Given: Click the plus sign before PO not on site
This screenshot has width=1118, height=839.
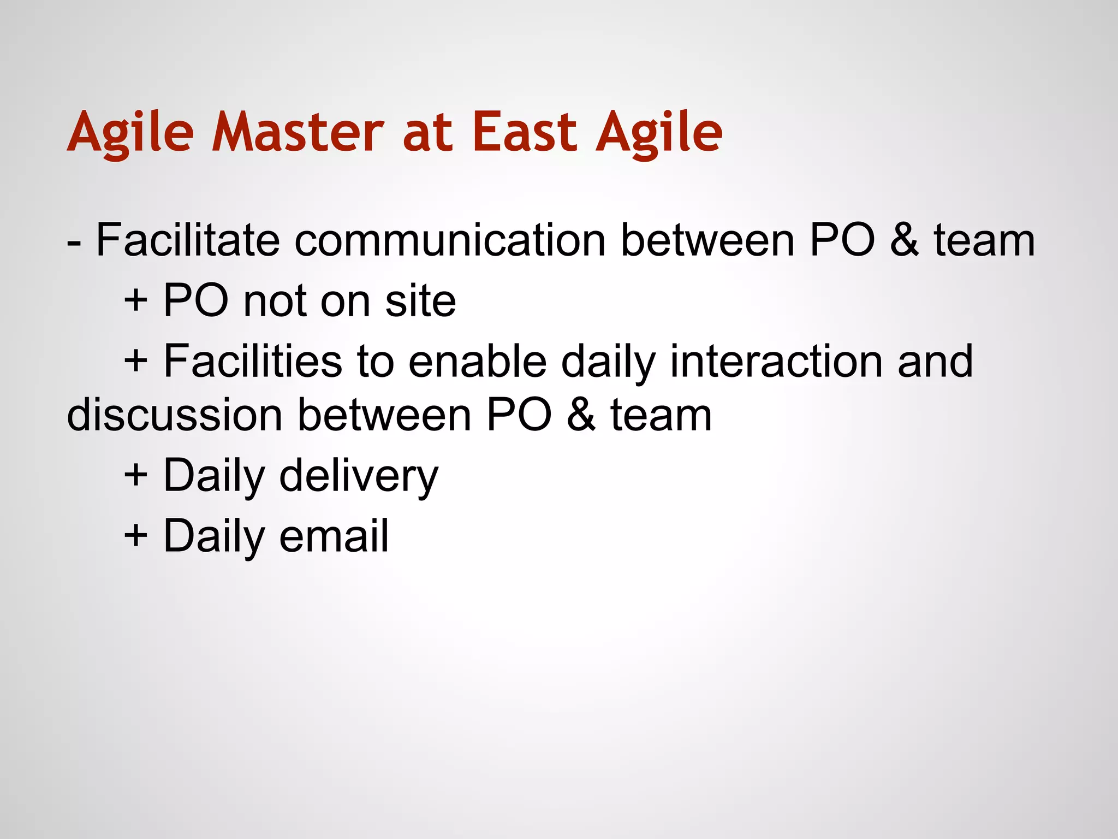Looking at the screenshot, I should click(136, 301).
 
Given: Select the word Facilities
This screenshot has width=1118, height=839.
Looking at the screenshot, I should click(253, 361).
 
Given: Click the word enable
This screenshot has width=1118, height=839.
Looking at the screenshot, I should click(477, 361).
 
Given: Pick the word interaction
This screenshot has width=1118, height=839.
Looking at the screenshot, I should click(776, 361).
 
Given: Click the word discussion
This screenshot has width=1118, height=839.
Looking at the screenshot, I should click(174, 416).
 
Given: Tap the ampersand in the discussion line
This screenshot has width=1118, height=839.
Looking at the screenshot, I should click(581, 416).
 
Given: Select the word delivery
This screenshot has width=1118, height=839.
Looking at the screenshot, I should click(359, 476).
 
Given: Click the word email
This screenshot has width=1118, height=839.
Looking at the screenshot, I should click(334, 536).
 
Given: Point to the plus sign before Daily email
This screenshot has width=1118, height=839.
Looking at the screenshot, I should click(136, 536).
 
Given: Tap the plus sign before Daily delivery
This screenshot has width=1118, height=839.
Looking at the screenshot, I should click(136, 476).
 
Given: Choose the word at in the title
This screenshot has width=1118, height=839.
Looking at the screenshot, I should click(427, 133).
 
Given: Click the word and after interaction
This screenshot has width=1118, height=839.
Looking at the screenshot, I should click(935, 361).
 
